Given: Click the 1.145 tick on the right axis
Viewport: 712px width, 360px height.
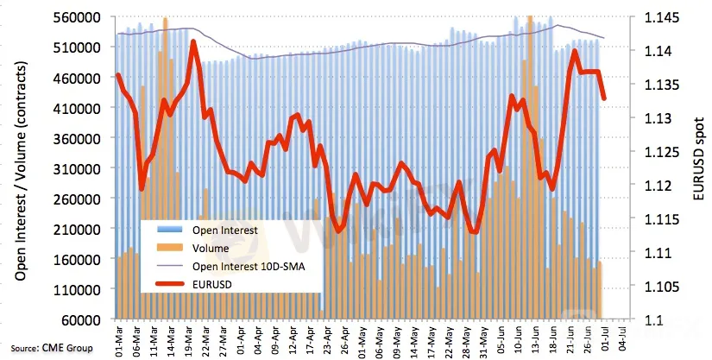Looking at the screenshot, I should click(x=659, y=17).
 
